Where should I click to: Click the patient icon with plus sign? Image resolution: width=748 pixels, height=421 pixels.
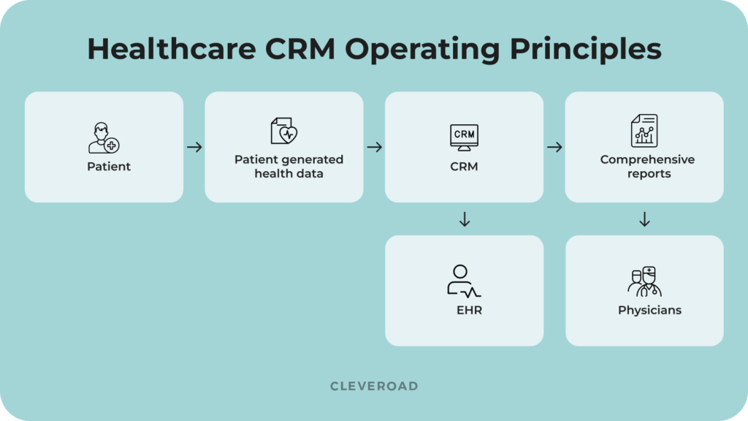coord(103,138)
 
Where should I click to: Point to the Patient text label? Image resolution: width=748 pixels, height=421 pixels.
coord(109,167)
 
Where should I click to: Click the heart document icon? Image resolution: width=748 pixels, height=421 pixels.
coord(284,132)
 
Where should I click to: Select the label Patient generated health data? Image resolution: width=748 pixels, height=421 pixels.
coord(289,167)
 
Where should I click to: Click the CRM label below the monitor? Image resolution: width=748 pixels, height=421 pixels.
coord(464,167)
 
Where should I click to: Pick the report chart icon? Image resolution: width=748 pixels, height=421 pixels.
coord(644,131)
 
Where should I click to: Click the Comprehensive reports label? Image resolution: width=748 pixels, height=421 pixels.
coord(647,167)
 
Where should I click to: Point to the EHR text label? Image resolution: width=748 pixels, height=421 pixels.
coord(469,311)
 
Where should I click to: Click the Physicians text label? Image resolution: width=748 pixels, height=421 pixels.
coord(649,311)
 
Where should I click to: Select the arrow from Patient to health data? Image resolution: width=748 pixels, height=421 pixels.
coord(194,148)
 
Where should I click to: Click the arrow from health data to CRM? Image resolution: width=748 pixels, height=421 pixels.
coord(375,148)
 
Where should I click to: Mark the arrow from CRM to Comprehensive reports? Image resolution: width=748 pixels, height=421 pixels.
coord(554,148)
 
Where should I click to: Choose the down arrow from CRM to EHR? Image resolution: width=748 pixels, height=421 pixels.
coord(464,219)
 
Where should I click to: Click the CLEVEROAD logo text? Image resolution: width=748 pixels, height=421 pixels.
coord(374,386)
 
